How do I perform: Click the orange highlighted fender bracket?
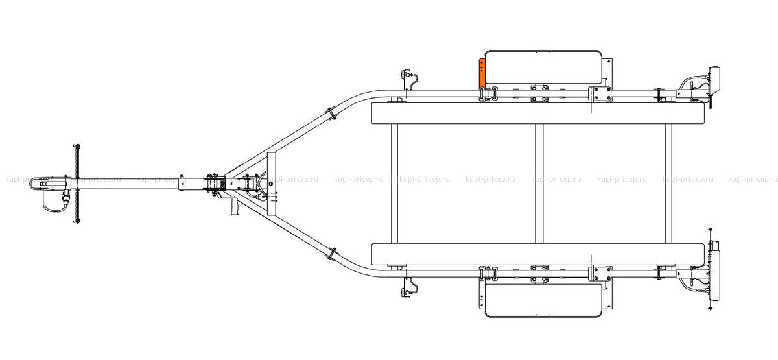click(x=482, y=73)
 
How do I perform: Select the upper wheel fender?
click(x=543, y=67)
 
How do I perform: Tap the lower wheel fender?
click(x=543, y=300)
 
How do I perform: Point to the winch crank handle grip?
click(x=235, y=206)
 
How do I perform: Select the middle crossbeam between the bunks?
click(x=539, y=184)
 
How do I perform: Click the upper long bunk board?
click(x=538, y=114)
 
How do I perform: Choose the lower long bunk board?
click(x=538, y=254)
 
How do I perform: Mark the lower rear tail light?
click(x=714, y=275)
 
